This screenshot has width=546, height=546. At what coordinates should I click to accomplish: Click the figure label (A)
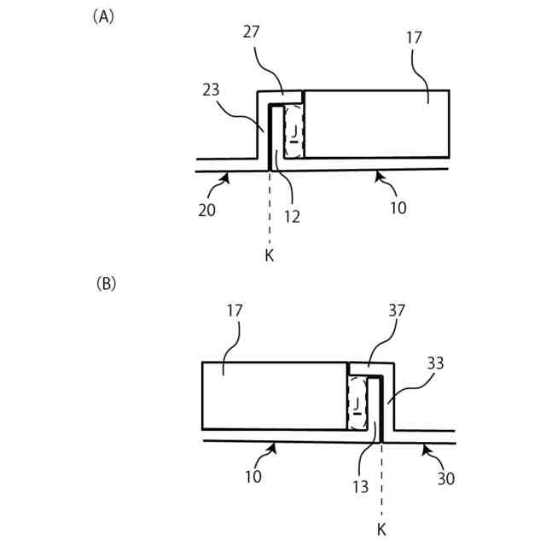[102, 15]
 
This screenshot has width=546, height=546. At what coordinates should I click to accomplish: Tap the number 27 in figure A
[252, 32]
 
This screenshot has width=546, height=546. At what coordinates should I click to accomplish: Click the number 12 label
[292, 216]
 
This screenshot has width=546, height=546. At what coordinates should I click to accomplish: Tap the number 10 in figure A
[398, 207]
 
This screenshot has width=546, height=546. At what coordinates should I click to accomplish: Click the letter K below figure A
[269, 255]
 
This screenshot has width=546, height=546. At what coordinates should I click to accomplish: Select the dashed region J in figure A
[293, 131]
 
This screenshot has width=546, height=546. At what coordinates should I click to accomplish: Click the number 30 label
[445, 479]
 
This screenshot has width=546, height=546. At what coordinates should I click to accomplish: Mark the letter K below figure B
[381, 530]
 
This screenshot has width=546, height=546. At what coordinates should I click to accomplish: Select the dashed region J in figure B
[357, 400]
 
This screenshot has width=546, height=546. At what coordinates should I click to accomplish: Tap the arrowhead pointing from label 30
[424, 446]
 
